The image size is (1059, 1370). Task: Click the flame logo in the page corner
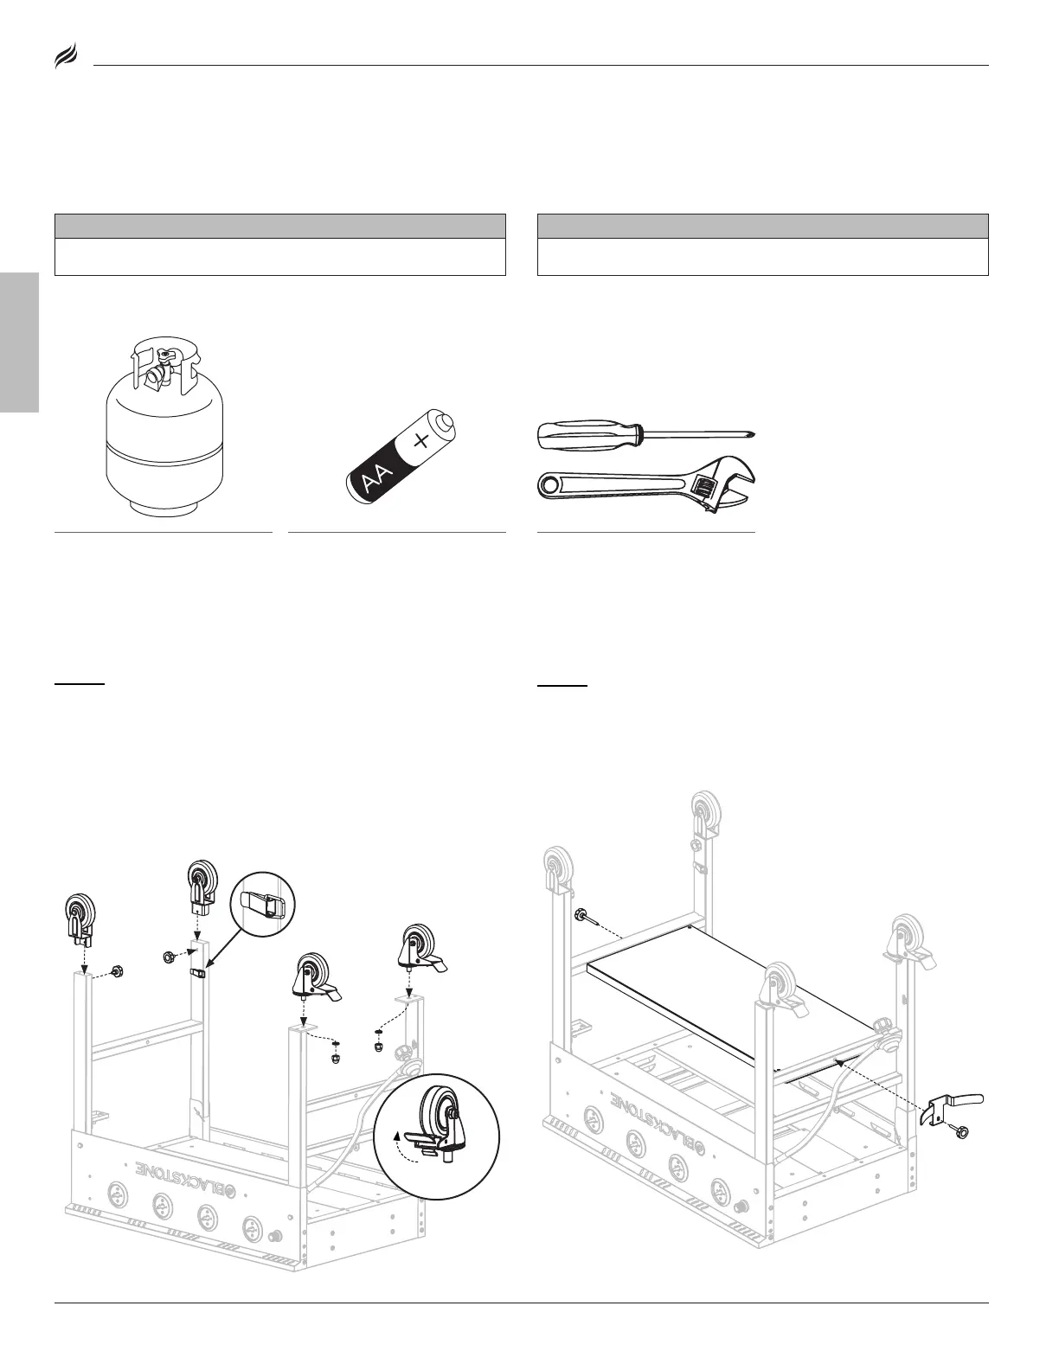coord(66,58)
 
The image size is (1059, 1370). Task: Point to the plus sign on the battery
coord(421,441)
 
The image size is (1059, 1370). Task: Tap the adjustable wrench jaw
coord(725,485)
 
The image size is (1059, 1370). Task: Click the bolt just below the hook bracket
coord(959,1131)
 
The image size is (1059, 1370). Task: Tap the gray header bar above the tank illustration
coord(279,226)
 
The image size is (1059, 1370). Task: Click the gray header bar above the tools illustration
coord(762,226)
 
